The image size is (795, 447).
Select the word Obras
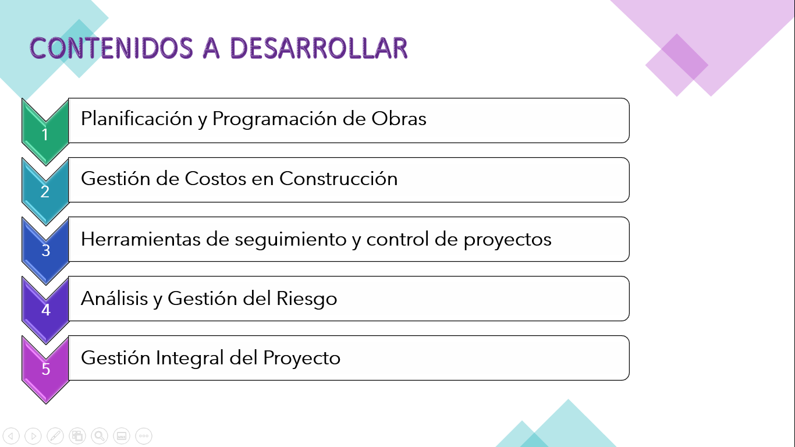(399, 119)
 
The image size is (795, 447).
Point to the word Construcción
(338, 178)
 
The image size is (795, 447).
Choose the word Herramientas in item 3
(140, 239)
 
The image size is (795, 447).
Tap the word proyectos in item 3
(507, 239)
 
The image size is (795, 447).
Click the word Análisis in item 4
(114, 299)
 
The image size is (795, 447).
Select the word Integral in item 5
(190, 357)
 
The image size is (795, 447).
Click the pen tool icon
(55, 435)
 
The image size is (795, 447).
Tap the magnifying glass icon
(100, 435)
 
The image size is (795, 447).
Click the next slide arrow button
(33, 435)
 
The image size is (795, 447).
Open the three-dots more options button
(144, 435)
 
